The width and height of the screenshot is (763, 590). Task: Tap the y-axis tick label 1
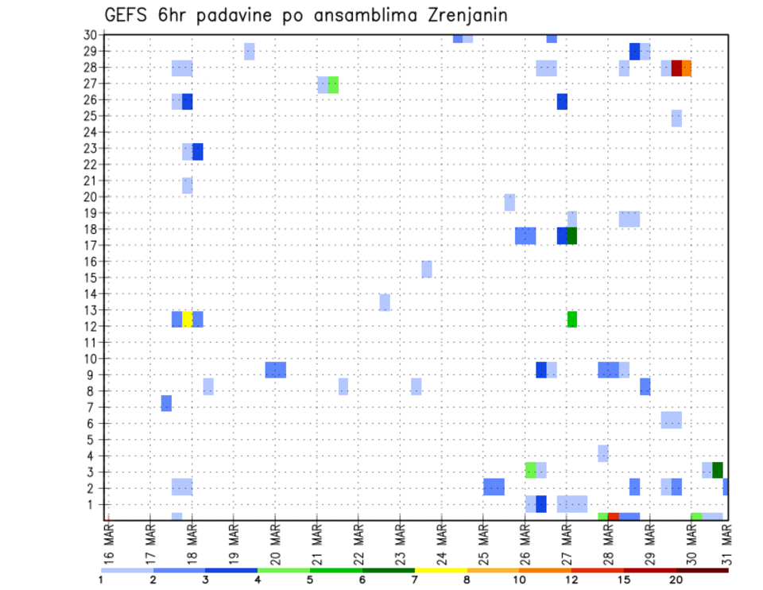click(x=92, y=504)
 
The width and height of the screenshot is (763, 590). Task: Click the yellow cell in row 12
click(x=188, y=319)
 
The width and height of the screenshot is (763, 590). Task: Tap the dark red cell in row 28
click(x=676, y=68)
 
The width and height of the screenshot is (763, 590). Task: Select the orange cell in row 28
click(x=687, y=68)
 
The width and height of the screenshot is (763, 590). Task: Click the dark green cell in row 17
click(x=572, y=236)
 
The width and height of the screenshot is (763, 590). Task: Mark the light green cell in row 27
click(x=333, y=85)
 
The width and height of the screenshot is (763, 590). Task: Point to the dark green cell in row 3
click(x=718, y=470)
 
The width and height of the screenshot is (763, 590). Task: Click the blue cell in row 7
click(x=166, y=403)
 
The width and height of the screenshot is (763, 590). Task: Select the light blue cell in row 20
click(x=509, y=202)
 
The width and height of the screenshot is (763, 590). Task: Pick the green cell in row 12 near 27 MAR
click(x=572, y=319)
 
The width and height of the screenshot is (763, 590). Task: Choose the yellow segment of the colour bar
click(x=440, y=570)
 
